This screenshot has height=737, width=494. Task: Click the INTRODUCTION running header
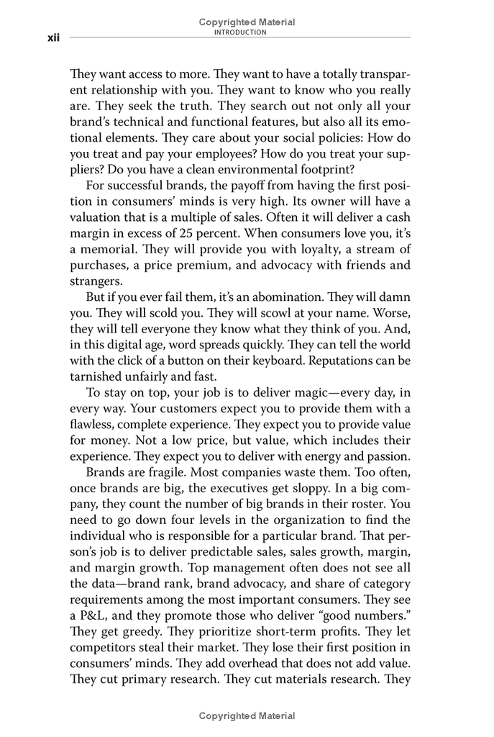pos(247,32)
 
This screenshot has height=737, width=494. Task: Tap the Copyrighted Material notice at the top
pos(247,22)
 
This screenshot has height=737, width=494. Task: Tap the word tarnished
pos(95,375)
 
